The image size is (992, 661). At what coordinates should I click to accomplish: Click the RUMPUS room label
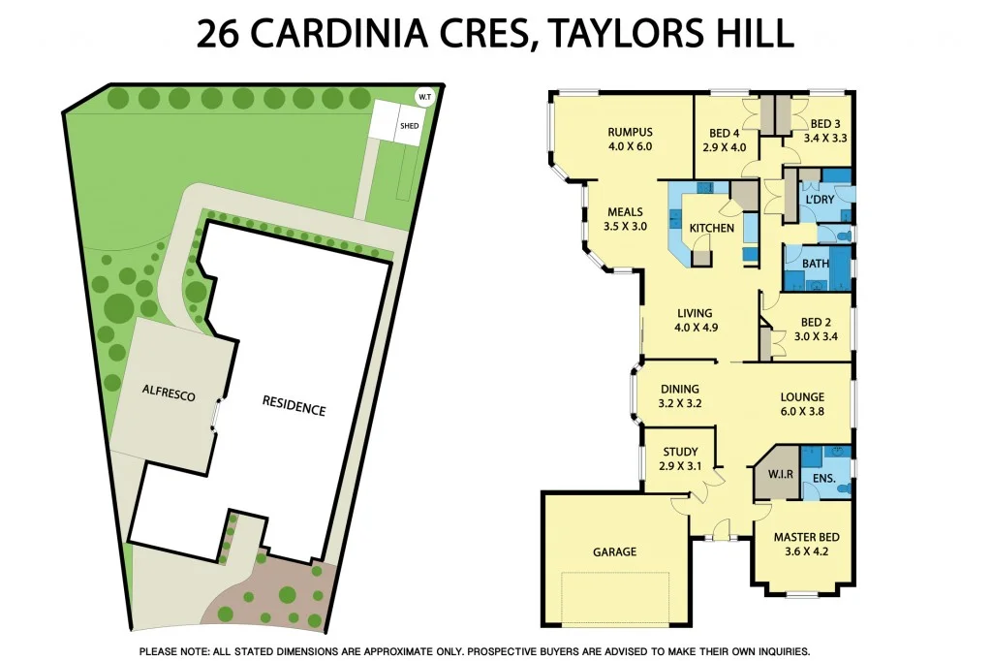click(x=630, y=132)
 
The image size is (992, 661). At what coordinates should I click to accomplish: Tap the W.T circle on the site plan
click(x=424, y=96)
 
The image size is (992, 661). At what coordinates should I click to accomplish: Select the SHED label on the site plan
click(x=409, y=126)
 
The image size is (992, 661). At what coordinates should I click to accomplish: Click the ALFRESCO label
click(x=169, y=395)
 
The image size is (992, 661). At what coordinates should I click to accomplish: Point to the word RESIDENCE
click(x=294, y=407)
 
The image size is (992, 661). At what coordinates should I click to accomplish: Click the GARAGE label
click(x=614, y=551)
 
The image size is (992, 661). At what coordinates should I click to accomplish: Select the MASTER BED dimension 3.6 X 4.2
click(x=806, y=553)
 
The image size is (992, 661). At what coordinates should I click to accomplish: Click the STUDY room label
click(x=680, y=452)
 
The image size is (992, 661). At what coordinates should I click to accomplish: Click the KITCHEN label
click(x=711, y=228)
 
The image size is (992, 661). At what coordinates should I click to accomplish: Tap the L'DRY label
click(x=820, y=200)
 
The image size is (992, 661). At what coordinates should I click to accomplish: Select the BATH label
click(x=816, y=263)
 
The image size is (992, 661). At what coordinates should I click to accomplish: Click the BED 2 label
click(x=817, y=323)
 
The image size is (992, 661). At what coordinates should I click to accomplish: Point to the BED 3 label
click(x=825, y=123)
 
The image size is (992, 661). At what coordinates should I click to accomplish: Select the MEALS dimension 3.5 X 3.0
click(x=626, y=226)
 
